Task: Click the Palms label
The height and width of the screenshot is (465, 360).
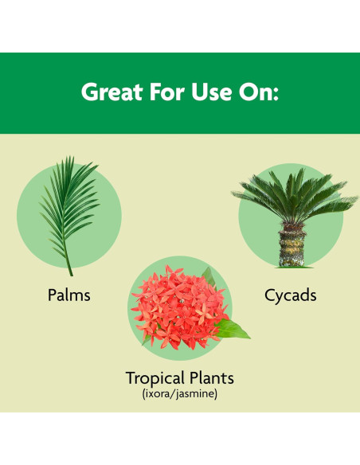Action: point(69,295)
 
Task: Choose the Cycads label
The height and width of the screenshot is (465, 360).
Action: point(290,295)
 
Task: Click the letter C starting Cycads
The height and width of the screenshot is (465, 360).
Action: point(270,295)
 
